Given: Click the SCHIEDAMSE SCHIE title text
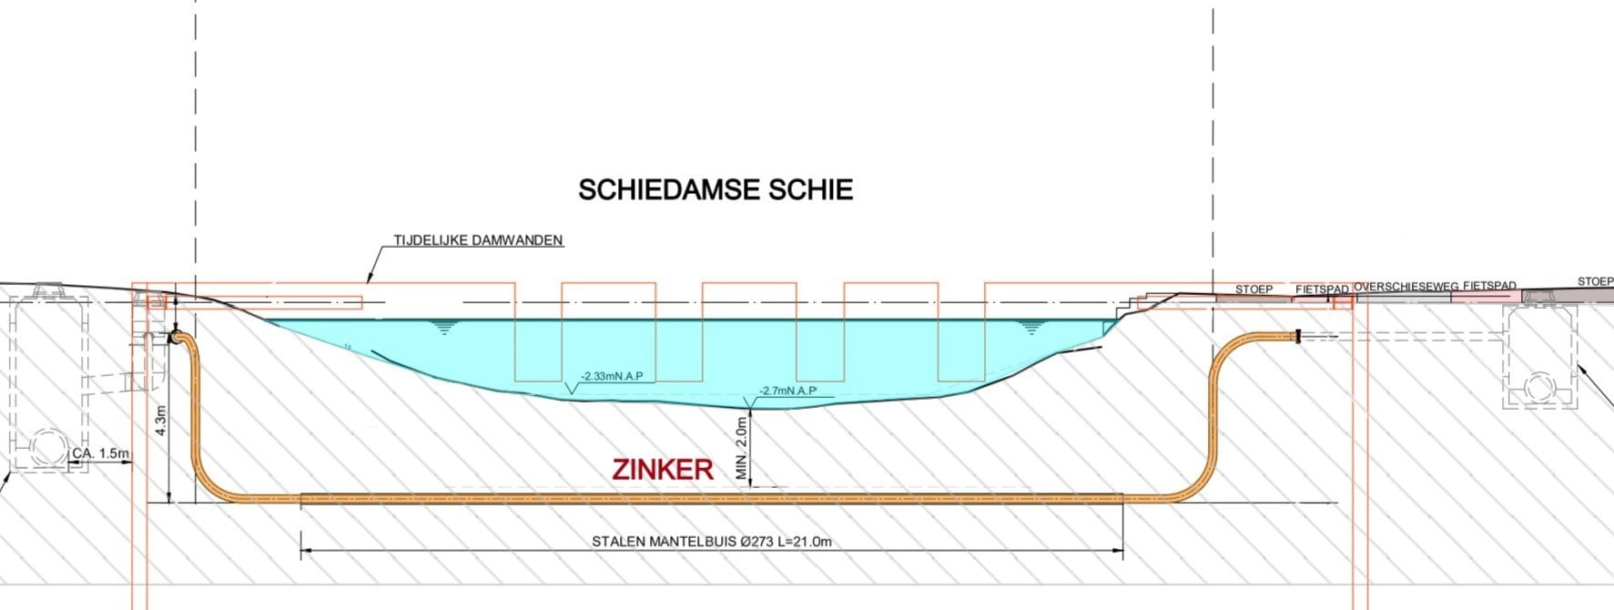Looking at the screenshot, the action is tap(716, 189).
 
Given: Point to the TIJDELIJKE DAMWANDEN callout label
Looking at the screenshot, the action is tap(478, 241).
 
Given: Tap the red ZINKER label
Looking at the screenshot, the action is tap(663, 470).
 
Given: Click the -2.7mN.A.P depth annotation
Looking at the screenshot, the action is tap(787, 391).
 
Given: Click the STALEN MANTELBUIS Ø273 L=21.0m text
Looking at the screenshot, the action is tap(712, 542).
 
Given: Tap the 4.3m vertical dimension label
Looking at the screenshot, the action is tap(162, 421).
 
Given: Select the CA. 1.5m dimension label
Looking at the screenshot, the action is tap(101, 452).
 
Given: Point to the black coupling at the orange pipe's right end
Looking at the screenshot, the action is tap(1299, 338).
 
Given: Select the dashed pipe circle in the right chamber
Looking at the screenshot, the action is tap(1538, 387).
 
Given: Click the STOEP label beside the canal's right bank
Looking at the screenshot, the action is tap(1254, 290).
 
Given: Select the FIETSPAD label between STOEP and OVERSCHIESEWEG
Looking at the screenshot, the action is tap(1321, 290).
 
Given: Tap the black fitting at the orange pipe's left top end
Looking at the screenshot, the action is tap(173, 338).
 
